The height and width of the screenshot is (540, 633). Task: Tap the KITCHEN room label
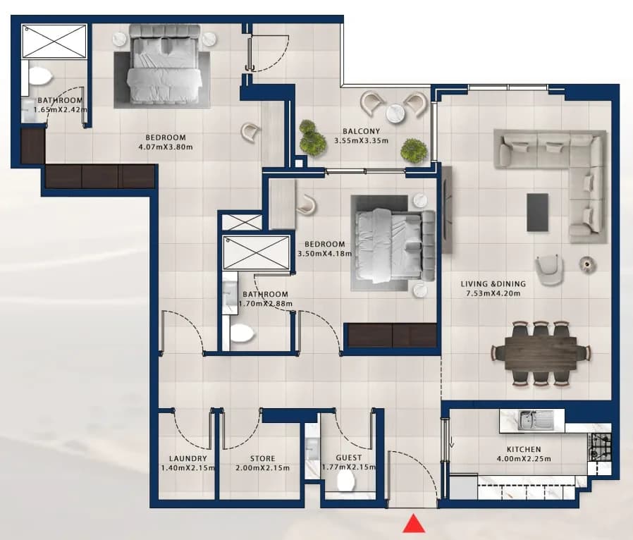pos(524,449)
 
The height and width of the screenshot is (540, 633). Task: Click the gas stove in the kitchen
pos(599,447)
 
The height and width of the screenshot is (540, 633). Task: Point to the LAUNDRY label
pos(188,458)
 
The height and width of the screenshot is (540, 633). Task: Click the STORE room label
pos(262,458)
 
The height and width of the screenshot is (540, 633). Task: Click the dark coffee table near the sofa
pos(537,212)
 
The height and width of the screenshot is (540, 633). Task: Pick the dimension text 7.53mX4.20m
pos(493,293)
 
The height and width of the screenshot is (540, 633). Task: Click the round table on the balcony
pos(395,113)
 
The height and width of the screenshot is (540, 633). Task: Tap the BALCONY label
pos(362,131)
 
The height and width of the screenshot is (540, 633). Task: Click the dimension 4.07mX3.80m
pos(166,147)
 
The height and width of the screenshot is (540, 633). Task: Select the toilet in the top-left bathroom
pos(39,76)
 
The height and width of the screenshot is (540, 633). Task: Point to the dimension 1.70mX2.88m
pos(266,304)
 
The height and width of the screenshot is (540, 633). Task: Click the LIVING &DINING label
pos(493,283)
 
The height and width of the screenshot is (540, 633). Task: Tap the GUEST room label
pos(349,458)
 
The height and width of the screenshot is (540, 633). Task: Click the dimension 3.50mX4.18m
pos(324,254)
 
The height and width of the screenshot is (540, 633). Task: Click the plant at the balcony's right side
pos(414,151)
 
